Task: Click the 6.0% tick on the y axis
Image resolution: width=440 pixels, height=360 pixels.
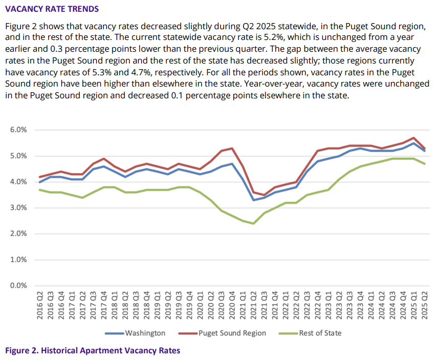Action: pyautogui.click(x=18, y=130)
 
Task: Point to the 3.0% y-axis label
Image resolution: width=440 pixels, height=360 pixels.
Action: pyautogui.click(x=18, y=208)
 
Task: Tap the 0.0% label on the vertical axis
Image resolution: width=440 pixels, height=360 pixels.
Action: pyautogui.click(x=18, y=285)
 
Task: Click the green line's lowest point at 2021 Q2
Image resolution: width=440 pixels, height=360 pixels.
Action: pyautogui.click(x=253, y=223)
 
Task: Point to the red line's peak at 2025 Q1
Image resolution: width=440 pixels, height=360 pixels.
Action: pyautogui.click(x=413, y=138)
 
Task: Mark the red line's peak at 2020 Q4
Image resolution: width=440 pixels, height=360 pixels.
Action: pyautogui.click(x=232, y=149)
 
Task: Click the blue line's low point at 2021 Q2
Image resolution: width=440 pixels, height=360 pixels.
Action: pyautogui.click(x=253, y=200)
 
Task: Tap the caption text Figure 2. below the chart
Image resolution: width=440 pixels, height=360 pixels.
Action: pyautogui.click(x=21, y=351)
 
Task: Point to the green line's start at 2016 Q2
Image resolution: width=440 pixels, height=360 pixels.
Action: pyautogui.click(x=40, y=189)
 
